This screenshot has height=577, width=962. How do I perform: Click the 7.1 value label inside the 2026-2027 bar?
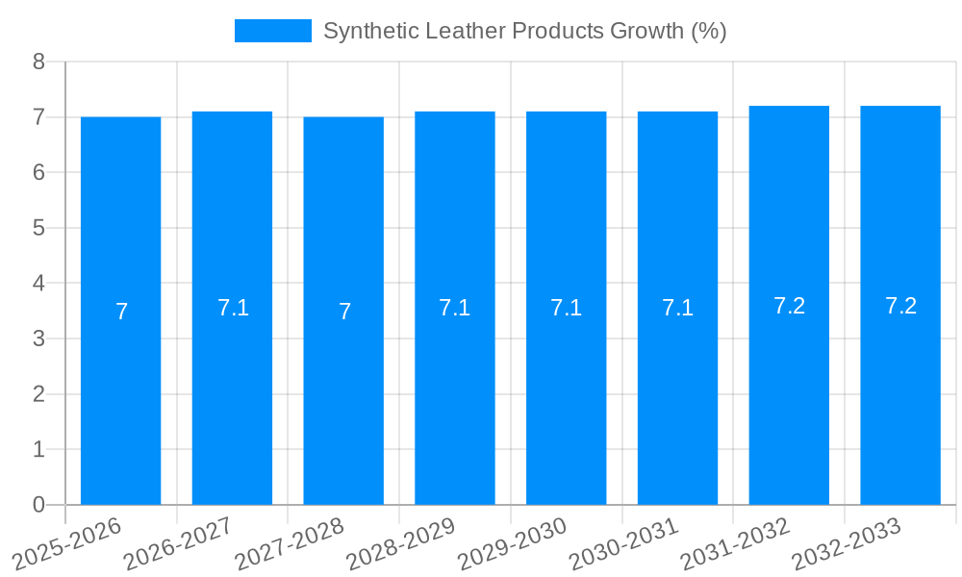(233, 308)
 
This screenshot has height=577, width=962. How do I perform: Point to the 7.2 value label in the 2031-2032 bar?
(789, 306)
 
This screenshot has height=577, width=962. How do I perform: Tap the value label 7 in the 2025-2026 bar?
(121, 312)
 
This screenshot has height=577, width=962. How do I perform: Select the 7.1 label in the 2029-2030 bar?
(566, 308)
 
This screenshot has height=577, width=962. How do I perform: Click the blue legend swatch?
(272, 31)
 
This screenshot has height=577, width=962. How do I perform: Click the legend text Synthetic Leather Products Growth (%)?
(524, 31)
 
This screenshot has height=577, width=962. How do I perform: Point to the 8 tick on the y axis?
(38, 63)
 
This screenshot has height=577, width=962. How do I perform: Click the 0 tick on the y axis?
(38, 505)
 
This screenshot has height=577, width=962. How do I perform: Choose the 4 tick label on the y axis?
(38, 284)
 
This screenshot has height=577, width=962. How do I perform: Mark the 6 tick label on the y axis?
(38, 173)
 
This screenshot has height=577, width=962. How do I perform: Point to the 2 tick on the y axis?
(38, 394)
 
